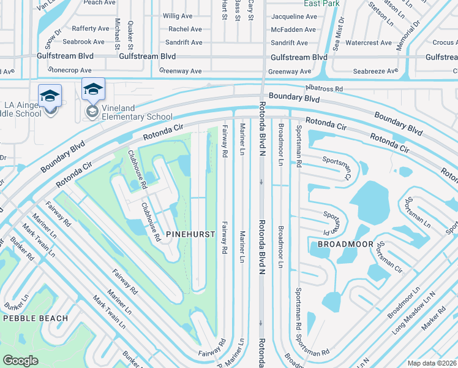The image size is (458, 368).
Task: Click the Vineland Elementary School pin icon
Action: [93, 90]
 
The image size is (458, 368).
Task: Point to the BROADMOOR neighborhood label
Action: [342, 244]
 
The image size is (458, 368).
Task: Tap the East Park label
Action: [321, 4]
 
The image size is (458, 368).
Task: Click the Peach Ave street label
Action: [100, 2]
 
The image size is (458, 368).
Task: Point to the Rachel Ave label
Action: [185, 29]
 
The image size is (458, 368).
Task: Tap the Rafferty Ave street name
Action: [90, 29]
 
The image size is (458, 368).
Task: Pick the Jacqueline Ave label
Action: [294, 15]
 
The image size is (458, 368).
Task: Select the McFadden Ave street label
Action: [294, 29]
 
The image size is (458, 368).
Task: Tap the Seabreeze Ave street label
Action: [375, 71]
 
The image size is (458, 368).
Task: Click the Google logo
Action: [21, 360]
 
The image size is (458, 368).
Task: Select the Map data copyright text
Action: [431, 363]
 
